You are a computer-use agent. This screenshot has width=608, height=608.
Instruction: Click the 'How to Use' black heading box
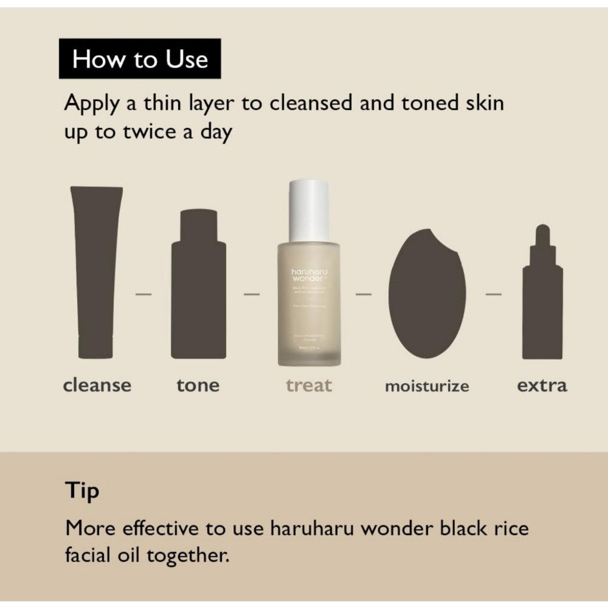140,59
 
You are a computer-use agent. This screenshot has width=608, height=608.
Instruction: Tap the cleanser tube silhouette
96,273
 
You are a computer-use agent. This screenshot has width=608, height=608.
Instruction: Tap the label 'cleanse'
97,385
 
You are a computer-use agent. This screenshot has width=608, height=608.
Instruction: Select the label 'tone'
198,385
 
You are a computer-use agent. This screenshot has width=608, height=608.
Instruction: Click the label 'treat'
309,385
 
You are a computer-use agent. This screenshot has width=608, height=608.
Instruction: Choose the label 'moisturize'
427,387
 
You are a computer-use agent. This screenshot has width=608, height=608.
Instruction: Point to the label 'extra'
541,385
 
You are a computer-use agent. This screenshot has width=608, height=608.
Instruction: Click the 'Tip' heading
82,492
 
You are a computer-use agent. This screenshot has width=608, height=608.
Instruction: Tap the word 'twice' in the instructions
148,132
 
